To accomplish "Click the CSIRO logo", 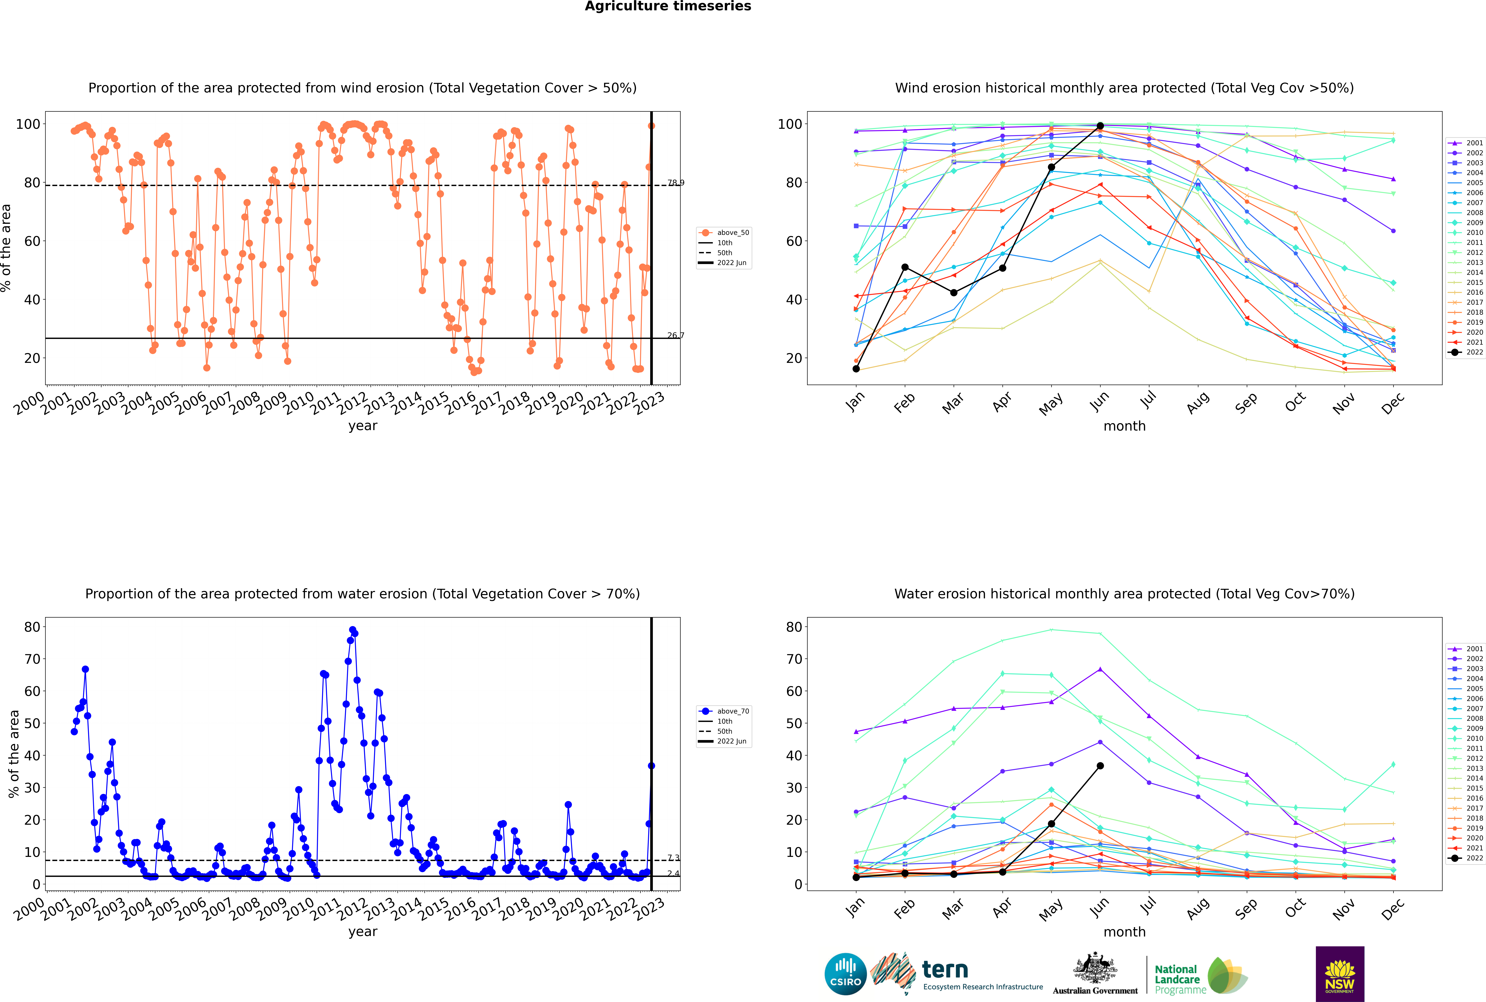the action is click(x=845, y=974).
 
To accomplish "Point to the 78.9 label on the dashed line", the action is click(x=676, y=183).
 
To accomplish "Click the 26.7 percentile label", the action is click(x=676, y=335).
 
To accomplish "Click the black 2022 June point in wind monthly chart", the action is click(x=1100, y=126).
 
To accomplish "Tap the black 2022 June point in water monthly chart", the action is click(x=1100, y=766).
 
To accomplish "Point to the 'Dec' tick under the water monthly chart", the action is click(x=1393, y=907).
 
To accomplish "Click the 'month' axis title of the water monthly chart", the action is click(x=1124, y=932).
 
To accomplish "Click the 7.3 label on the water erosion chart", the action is click(x=673, y=858).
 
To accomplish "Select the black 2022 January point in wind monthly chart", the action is click(x=856, y=369).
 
